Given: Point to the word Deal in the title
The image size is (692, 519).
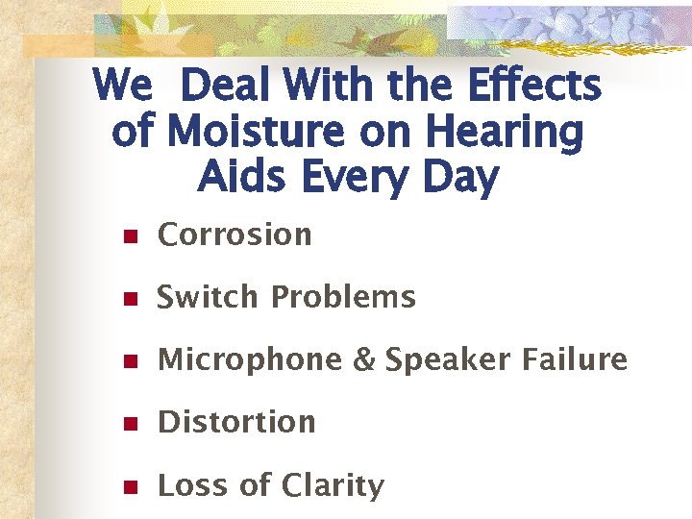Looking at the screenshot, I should pyautogui.click(x=222, y=86).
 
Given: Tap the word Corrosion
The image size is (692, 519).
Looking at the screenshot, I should pyautogui.click(x=235, y=235).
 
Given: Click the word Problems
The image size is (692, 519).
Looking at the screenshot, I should pyautogui.click(x=343, y=297).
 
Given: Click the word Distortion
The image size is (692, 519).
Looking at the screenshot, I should pyautogui.click(x=236, y=422).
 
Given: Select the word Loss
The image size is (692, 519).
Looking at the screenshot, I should pyautogui.click(x=193, y=485).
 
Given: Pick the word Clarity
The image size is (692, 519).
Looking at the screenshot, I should pyautogui.click(x=332, y=486).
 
